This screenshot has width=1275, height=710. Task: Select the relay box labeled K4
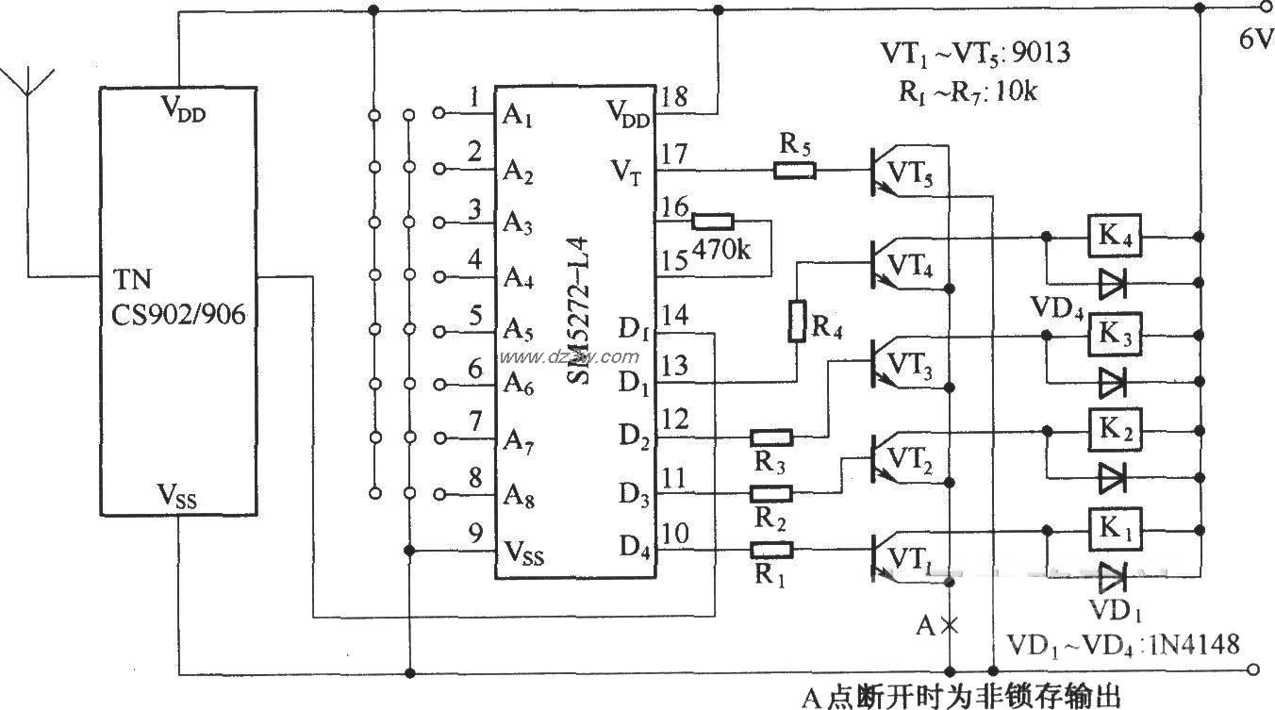tap(1116, 237)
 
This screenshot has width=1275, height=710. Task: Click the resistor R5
tap(794, 171)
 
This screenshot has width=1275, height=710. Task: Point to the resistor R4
tap(797, 322)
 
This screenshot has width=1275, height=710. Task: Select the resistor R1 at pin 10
tap(770, 550)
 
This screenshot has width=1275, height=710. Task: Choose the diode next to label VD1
tap(1116, 573)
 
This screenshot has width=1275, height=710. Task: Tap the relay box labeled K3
tap(1116, 333)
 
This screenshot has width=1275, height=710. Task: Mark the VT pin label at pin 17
tap(625, 173)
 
